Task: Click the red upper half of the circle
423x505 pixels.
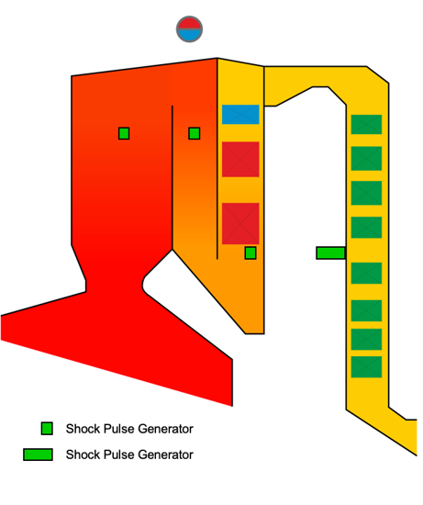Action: pos(189,23)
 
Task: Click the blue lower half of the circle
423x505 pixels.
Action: pos(189,35)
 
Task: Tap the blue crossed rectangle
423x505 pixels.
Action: pos(240,115)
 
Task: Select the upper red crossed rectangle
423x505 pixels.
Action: pos(240,159)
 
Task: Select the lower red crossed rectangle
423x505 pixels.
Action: pos(240,223)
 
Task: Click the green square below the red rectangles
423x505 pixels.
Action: pos(250,253)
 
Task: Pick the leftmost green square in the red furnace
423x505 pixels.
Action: pos(124,133)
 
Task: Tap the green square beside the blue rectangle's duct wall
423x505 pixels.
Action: pos(195,133)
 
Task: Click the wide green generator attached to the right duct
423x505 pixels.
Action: pos(331,252)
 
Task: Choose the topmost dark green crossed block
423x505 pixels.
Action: pos(366,124)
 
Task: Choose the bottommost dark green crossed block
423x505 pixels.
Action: pos(366,367)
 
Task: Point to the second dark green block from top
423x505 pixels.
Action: pos(366,159)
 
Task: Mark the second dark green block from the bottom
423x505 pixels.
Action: pos(366,339)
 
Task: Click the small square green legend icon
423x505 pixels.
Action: pos(47,429)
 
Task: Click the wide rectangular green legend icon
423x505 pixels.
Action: pos(38,454)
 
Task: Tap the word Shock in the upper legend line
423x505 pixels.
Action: pos(80,429)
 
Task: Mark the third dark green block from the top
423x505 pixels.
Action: pos(366,193)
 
